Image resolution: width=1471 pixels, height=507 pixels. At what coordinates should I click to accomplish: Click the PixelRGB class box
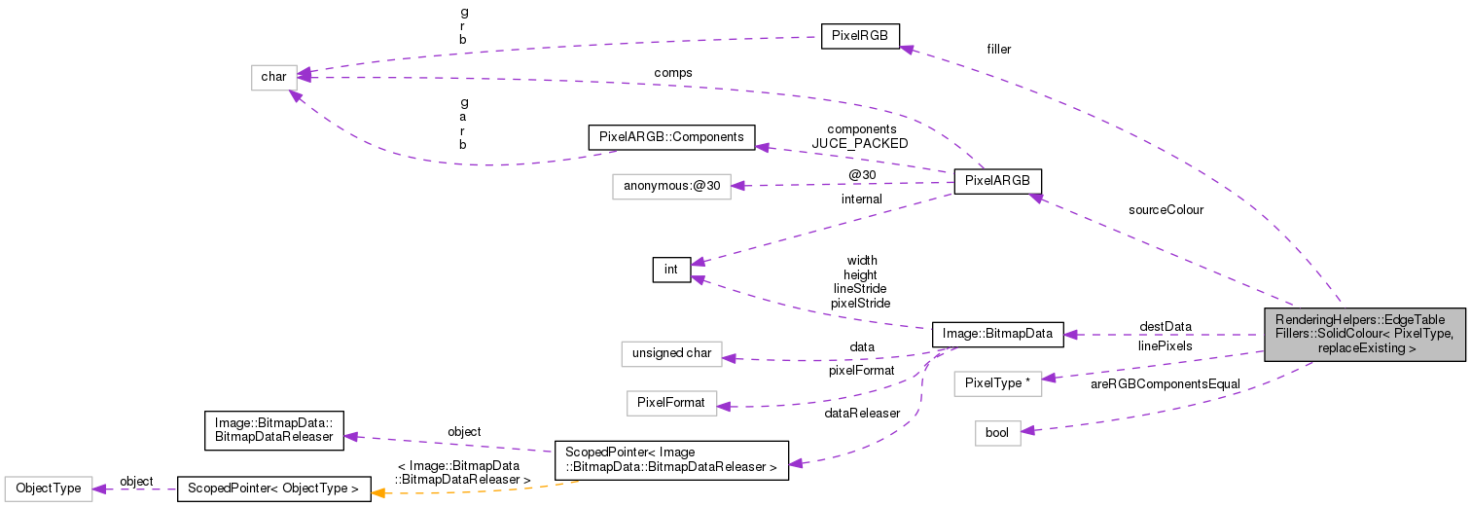point(860,36)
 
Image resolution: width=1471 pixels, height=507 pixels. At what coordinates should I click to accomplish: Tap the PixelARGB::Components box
point(670,137)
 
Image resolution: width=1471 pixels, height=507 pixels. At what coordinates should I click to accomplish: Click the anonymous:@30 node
point(670,185)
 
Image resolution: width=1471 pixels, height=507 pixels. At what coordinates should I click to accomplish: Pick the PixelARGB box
point(997,181)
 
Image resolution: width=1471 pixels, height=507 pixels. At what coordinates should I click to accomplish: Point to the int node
point(671,270)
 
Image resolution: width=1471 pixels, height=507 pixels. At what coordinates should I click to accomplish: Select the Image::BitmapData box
point(997,334)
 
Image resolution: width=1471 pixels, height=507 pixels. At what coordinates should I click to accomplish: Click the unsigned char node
point(671,352)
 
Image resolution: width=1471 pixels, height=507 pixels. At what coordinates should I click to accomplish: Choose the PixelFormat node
point(671,401)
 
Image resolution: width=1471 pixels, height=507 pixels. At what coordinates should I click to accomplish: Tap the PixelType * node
point(997,383)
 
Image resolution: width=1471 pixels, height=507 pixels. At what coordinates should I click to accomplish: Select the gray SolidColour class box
point(1365,334)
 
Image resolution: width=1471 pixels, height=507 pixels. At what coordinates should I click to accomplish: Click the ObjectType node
point(48,489)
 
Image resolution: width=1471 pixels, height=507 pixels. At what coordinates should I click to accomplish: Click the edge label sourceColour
point(1166,209)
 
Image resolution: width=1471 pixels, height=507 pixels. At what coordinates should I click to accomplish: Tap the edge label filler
point(998,50)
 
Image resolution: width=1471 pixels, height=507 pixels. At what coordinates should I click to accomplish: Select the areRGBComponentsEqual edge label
point(1165,384)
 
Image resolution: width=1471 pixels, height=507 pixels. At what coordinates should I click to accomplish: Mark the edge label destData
point(1165,326)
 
